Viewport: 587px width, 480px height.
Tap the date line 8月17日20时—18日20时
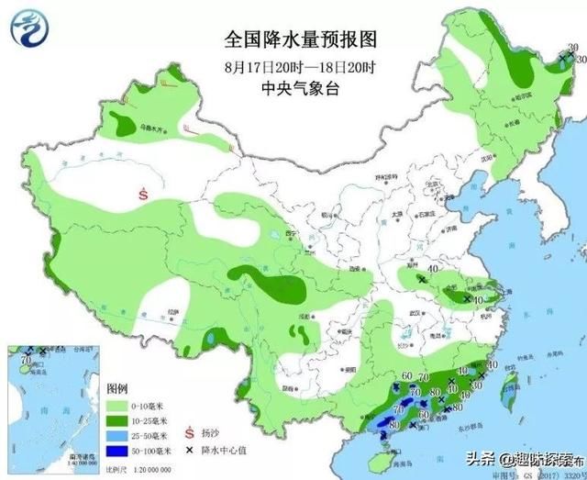coord(302,67)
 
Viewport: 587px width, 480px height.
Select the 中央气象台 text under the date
coord(302,88)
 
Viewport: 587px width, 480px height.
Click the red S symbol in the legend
coord(189,432)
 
